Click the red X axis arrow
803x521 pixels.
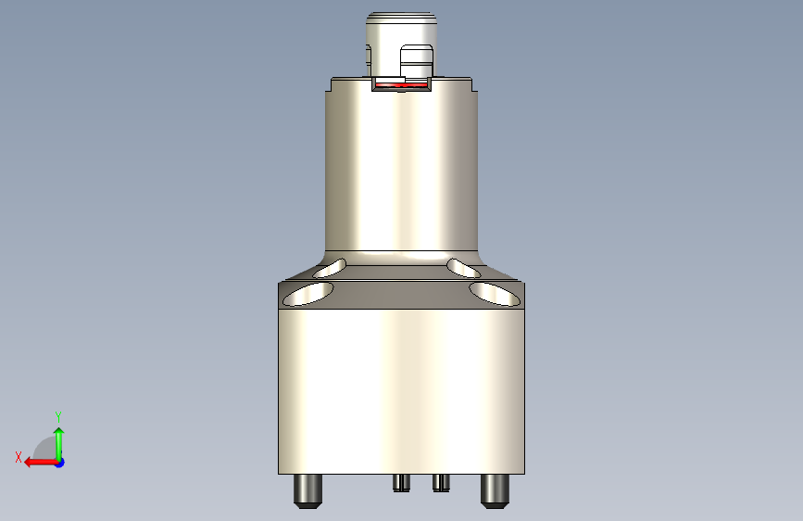(x=37, y=462)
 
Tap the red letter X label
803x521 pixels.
(x=19, y=457)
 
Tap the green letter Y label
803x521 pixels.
(x=58, y=416)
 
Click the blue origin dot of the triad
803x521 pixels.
(x=59, y=462)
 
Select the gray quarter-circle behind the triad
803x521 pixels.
(x=44, y=449)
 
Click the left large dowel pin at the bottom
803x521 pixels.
(x=307, y=489)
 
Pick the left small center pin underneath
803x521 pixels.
(x=400, y=482)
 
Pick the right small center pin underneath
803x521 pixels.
(x=441, y=482)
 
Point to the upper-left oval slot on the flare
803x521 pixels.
(x=331, y=269)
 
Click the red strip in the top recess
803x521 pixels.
(x=400, y=84)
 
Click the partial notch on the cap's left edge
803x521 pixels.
(x=370, y=57)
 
